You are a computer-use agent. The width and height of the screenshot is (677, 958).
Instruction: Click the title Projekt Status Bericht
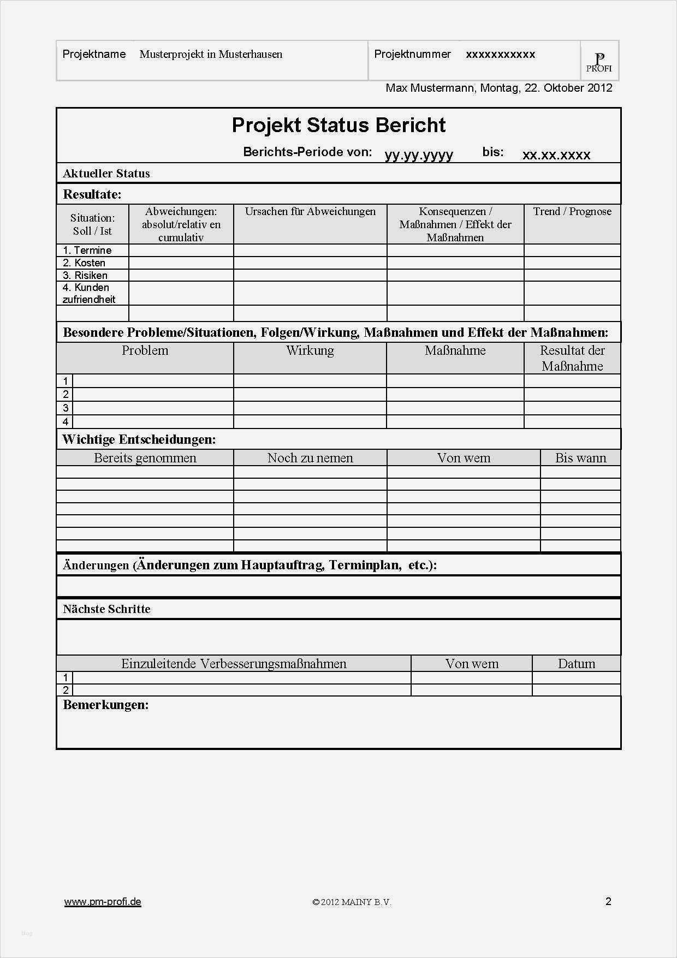point(339,125)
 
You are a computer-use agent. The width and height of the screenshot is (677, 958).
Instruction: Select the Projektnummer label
point(412,54)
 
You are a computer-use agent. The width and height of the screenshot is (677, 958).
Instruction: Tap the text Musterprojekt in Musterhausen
point(211,54)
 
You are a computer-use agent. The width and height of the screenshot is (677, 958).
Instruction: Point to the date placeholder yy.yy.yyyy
point(419,154)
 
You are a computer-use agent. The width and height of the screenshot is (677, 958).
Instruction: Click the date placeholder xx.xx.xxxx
point(556,154)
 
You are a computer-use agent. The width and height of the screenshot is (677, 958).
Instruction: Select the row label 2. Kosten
point(84,263)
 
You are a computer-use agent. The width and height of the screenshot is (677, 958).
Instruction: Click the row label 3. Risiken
point(85,275)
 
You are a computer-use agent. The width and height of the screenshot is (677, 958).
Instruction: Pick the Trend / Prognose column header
point(572,211)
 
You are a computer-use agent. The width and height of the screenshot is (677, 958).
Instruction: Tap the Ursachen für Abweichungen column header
point(310,211)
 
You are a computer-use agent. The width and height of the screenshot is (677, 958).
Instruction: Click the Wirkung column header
point(310,350)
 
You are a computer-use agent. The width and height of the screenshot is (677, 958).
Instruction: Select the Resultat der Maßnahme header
point(572,358)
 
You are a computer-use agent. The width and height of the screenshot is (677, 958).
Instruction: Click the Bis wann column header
point(580,457)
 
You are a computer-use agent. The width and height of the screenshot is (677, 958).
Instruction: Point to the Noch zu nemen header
point(310,457)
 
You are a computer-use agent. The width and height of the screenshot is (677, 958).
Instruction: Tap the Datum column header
point(577,663)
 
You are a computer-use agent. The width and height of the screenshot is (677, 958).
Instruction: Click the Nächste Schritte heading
point(106,609)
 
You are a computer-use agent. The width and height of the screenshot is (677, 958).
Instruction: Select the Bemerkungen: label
point(106,704)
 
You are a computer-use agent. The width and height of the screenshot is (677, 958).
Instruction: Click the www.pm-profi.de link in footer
point(103,901)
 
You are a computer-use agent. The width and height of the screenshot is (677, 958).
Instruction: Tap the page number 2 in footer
point(608,901)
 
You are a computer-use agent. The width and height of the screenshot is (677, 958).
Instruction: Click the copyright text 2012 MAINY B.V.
point(352,902)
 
